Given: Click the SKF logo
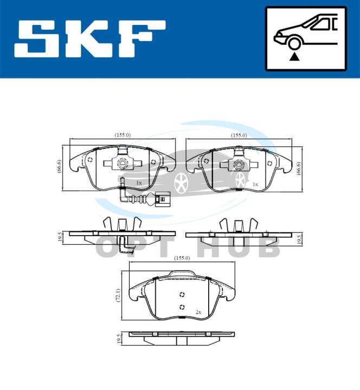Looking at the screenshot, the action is coord(89,39).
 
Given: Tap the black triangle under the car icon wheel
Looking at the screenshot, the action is coord(294,57).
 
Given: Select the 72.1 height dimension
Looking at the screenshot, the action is coord(118,295).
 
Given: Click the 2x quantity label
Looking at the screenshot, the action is coord(198,312).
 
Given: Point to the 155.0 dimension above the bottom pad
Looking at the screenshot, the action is coord(182,258).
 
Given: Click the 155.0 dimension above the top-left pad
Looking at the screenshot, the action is coord(123,135).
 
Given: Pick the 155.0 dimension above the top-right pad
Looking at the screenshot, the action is coord(239,135).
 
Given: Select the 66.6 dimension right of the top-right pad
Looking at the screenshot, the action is coord(299,168).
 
